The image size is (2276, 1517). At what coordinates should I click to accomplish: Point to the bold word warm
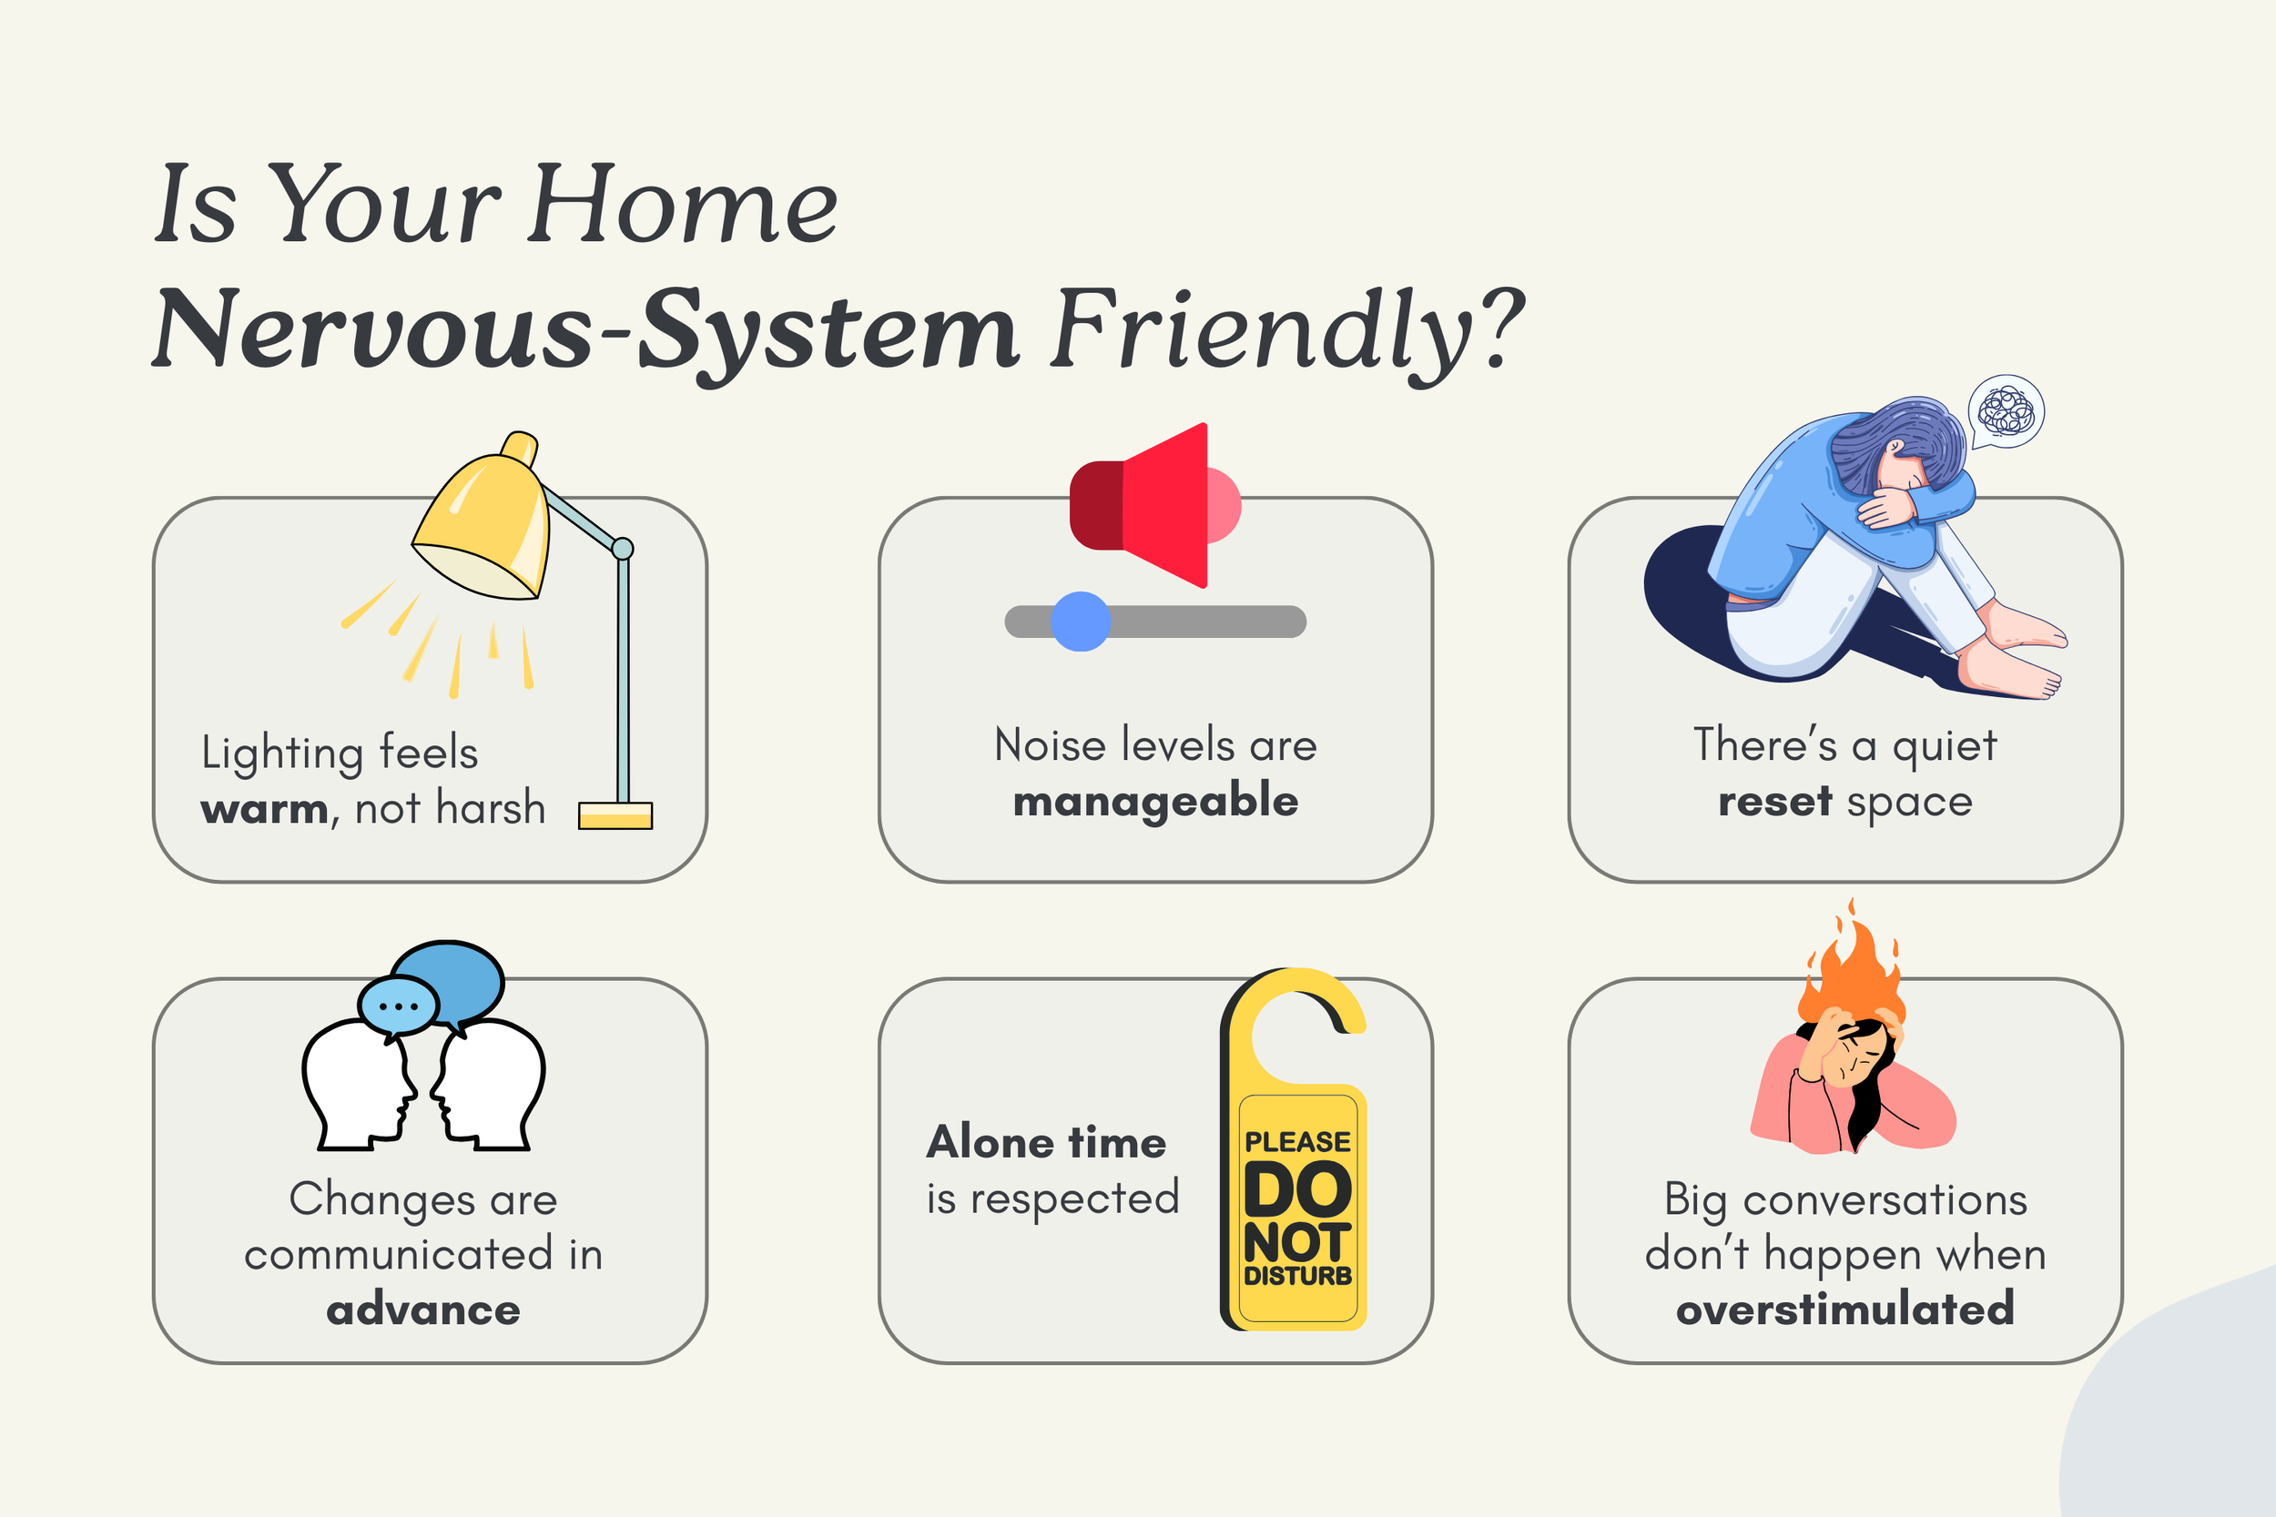pos(264,809)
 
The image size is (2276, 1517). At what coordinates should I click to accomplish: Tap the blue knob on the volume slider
pos(1080,622)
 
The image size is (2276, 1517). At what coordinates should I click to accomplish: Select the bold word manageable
pos(1155,802)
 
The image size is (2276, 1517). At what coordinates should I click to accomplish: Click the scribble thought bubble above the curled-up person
pos(2006,411)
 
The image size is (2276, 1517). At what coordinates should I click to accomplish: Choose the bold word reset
pos(1774,802)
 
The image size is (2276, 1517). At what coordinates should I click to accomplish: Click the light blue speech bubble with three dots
pos(397,1006)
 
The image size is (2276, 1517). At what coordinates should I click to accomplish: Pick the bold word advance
pos(422,1310)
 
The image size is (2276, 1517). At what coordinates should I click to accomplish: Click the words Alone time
pos(1046,1143)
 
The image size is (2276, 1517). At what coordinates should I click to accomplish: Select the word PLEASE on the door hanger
pos(1296,1143)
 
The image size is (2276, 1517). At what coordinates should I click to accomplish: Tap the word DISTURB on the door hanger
pos(1296,1276)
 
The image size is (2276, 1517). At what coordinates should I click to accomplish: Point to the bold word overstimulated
pos(1844,1309)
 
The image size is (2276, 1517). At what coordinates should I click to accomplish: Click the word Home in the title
pos(683,205)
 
